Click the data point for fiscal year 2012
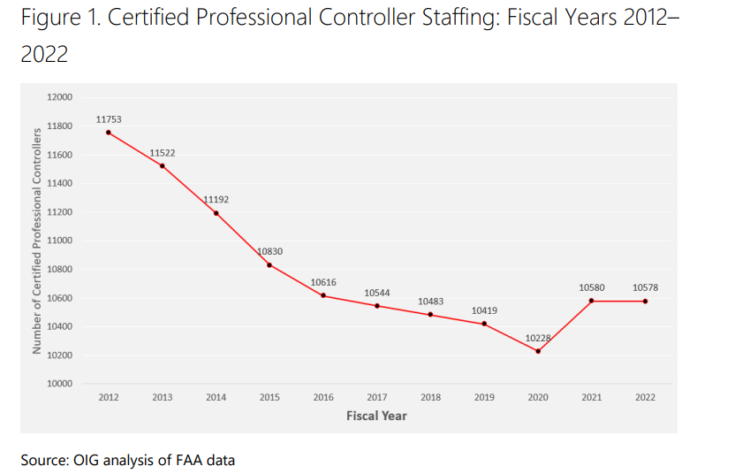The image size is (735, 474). (109, 133)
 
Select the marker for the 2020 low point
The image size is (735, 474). (538, 351)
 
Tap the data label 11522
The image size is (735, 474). (162, 153)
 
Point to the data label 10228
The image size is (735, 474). (538, 338)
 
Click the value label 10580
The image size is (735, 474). (592, 287)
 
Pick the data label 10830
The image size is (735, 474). (269, 251)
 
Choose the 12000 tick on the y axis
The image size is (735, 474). (60, 97)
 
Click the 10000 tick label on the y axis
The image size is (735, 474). (60, 384)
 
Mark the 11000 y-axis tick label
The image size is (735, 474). (60, 241)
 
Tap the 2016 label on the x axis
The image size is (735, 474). (323, 398)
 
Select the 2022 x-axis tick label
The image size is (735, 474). (645, 398)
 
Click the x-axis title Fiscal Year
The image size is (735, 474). (376, 416)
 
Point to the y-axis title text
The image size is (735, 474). (37, 241)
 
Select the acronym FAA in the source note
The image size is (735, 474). (190, 459)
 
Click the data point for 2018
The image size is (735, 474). (430, 314)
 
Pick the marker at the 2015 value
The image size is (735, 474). (269, 265)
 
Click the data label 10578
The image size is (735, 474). (645, 287)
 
